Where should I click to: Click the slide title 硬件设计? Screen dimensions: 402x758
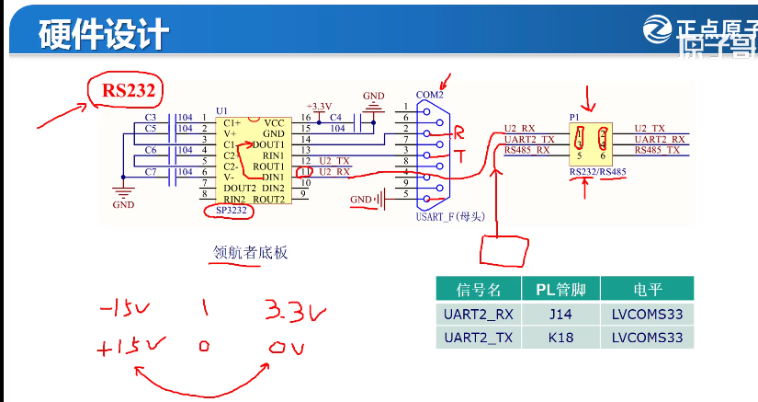pos(103,33)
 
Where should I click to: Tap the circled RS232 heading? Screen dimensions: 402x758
pos(126,90)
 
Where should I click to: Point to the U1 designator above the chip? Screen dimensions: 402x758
pos(221,109)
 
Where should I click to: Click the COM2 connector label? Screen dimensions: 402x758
pos(429,95)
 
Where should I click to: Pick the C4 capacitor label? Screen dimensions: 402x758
pos(335,117)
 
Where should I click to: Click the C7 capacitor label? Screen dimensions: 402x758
pos(151,172)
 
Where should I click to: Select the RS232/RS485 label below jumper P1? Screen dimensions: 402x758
pos(597,172)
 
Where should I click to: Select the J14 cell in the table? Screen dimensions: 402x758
pos(560,314)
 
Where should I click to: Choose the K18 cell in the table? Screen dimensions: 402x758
pos(560,338)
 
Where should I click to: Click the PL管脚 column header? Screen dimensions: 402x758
pos(560,289)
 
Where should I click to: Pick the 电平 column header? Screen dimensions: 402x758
pos(646,289)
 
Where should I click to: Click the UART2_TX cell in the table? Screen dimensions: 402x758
pos(478,338)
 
